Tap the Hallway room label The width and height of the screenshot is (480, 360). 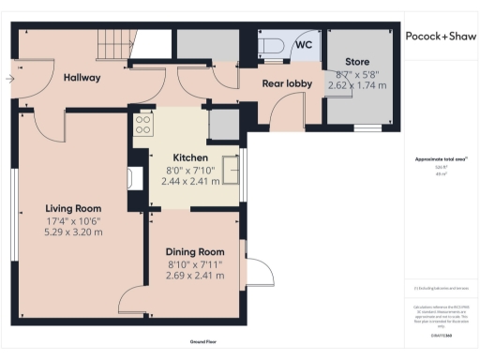pyautogui.click(x=82, y=78)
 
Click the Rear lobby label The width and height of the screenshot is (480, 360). pyautogui.click(x=286, y=83)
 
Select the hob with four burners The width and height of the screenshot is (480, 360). pyautogui.click(x=143, y=124)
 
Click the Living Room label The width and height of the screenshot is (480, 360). pyautogui.click(x=73, y=208)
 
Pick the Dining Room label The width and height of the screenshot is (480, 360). pyautogui.click(x=195, y=252)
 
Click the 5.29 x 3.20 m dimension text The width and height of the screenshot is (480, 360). pyautogui.click(x=74, y=232)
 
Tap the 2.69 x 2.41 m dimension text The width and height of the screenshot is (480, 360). pyautogui.click(x=195, y=276)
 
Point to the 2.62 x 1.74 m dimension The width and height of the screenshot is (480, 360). pyautogui.click(x=357, y=85)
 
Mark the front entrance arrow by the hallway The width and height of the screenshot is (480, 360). pyautogui.click(x=9, y=78)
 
